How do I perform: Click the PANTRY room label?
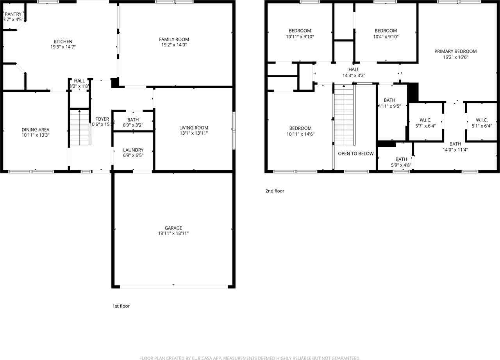[13, 14]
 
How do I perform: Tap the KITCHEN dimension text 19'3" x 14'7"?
[63, 47]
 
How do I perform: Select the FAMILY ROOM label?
[174, 39]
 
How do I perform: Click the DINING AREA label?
[36, 130]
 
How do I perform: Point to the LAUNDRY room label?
[133, 150]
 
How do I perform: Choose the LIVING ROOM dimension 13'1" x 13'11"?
[194, 133]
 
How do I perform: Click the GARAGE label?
[173, 228]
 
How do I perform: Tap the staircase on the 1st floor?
[80, 128]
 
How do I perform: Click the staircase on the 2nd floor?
[344, 115]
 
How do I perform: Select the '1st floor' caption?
[121, 306]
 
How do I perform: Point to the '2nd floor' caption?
[275, 191]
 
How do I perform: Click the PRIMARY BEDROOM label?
[455, 51]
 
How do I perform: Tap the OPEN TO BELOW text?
[355, 153]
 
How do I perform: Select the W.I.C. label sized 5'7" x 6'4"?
[425, 120]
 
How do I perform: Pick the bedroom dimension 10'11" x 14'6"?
[300, 134]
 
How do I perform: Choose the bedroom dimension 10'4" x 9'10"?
[386, 37]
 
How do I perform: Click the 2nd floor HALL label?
[354, 70]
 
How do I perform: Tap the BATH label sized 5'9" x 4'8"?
[401, 159]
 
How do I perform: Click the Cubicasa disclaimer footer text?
[250, 358]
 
